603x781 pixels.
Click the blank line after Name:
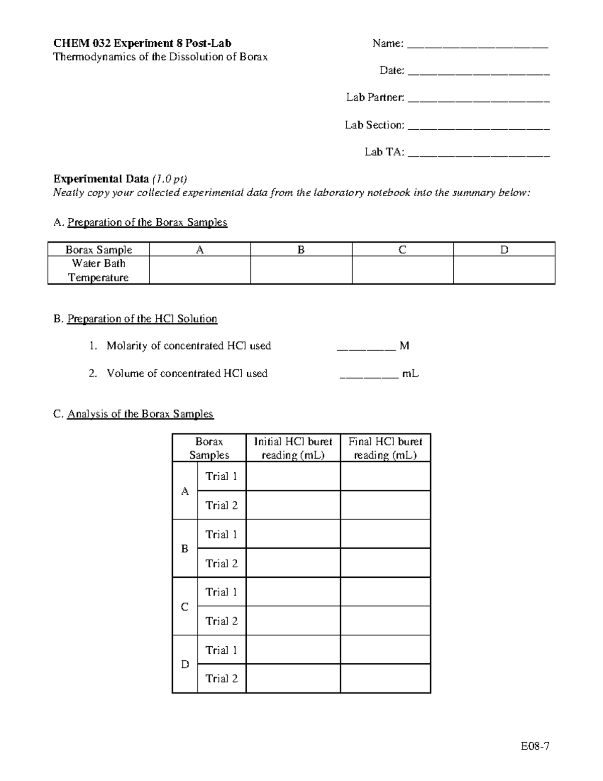[x=477, y=46]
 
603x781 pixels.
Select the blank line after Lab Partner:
[x=478, y=100]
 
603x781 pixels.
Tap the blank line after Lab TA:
[x=478, y=154]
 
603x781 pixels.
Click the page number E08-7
[x=535, y=746]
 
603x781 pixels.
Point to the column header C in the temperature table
[x=402, y=250]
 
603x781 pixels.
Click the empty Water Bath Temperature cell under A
[x=199, y=270]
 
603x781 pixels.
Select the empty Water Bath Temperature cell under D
[x=504, y=270]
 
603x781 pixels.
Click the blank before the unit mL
[x=369, y=375]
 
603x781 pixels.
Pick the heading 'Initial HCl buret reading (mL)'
[x=293, y=448]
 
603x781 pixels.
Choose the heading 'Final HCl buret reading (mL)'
[x=385, y=448]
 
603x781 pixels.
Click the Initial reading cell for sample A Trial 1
[x=293, y=476]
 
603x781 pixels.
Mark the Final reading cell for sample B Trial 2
[x=385, y=563]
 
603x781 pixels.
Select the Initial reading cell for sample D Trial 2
[x=293, y=678]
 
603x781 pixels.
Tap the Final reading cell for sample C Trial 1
[x=385, y=592]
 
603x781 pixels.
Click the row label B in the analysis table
[x=184, y=549]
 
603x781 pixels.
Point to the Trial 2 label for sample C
[x=221, y=621]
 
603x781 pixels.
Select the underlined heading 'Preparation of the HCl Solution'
[x=142, y=319]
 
